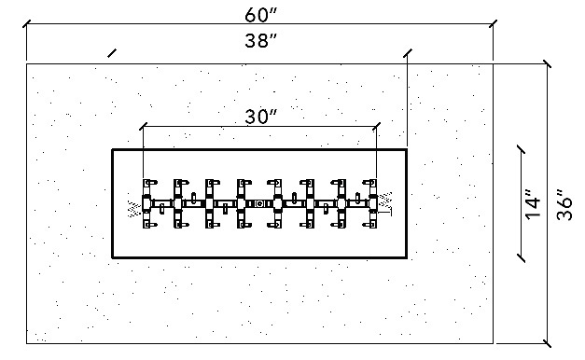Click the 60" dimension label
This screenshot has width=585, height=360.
[x=261, y=15]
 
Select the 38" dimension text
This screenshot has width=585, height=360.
[x=261, y=40]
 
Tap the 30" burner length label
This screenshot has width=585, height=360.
[x=261, y=117]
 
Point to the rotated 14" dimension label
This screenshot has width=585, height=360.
[x=534, y=204]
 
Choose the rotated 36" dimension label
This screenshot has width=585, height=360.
[x=564, y=204]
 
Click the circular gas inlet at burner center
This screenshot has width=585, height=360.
[x=259, y=203]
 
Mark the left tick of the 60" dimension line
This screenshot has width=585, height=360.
[x=26, y=24]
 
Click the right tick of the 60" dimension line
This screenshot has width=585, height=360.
[x=493, y=24]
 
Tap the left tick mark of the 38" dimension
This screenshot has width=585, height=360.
[x=112, y=53]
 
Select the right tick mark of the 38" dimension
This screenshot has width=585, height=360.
[x=408, y=53]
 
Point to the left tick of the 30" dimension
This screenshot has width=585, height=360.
[x=144, y=126]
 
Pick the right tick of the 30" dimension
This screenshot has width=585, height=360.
[x=376, y=126]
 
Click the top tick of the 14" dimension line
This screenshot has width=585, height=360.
[x=521, y=149]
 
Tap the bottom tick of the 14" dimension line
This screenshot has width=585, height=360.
[x=521, y=258]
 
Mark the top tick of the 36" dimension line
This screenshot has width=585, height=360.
[x=547, y=63]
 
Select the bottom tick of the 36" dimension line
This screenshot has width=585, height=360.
[x=547, y=343]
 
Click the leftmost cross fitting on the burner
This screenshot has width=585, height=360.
[x=146, y=203]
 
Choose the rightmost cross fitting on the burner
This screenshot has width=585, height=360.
[x=372, y=203]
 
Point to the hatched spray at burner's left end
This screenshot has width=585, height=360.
[x=134, y=209]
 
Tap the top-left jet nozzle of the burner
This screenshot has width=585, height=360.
[x=149, y=183]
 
